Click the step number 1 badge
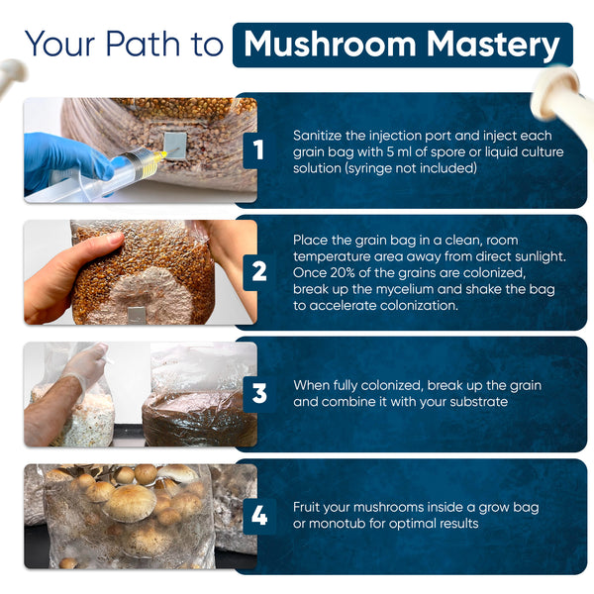pyautogui.click(x=258, y=150)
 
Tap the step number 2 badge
pyautogui.click(x=258, y=272)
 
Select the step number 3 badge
pyautogui.click(x=258, y=394)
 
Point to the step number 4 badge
pyautogui.click(x=258, y=516)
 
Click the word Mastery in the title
pyautogui.click(x=493, y=46)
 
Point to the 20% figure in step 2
pyautogui.click(x=345, y=273)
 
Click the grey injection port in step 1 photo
pyautogui.click(x=175, y=146)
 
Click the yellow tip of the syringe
pyautogui.click(x=161, y=154)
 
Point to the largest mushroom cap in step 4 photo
pyautogui.click(x=129, y=503)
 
